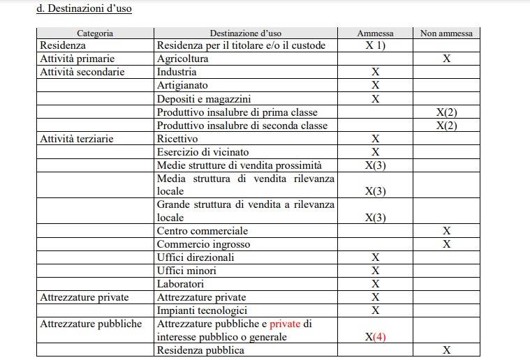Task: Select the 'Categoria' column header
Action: click(95, 33)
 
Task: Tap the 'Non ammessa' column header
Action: click(446, 33)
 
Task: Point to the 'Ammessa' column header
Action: click(375, 33)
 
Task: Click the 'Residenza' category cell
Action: click(64, 45)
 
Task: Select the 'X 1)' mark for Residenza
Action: click(375, 46)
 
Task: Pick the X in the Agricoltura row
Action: click(446, 59)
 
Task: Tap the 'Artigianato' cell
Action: click(182, 85)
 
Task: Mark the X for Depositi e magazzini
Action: click(375, 98)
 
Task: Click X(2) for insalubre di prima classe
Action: click(446, 112)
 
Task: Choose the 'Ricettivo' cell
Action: click(177, 139)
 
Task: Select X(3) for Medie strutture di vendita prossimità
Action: click(375, 165)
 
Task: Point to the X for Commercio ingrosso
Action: click(446, 243)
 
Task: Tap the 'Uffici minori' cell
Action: click(186, 270)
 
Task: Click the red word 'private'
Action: click(286, 324)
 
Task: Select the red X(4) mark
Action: click(375, 337)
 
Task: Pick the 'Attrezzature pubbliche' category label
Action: click(91, 324)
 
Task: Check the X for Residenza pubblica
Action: click(446, 350)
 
